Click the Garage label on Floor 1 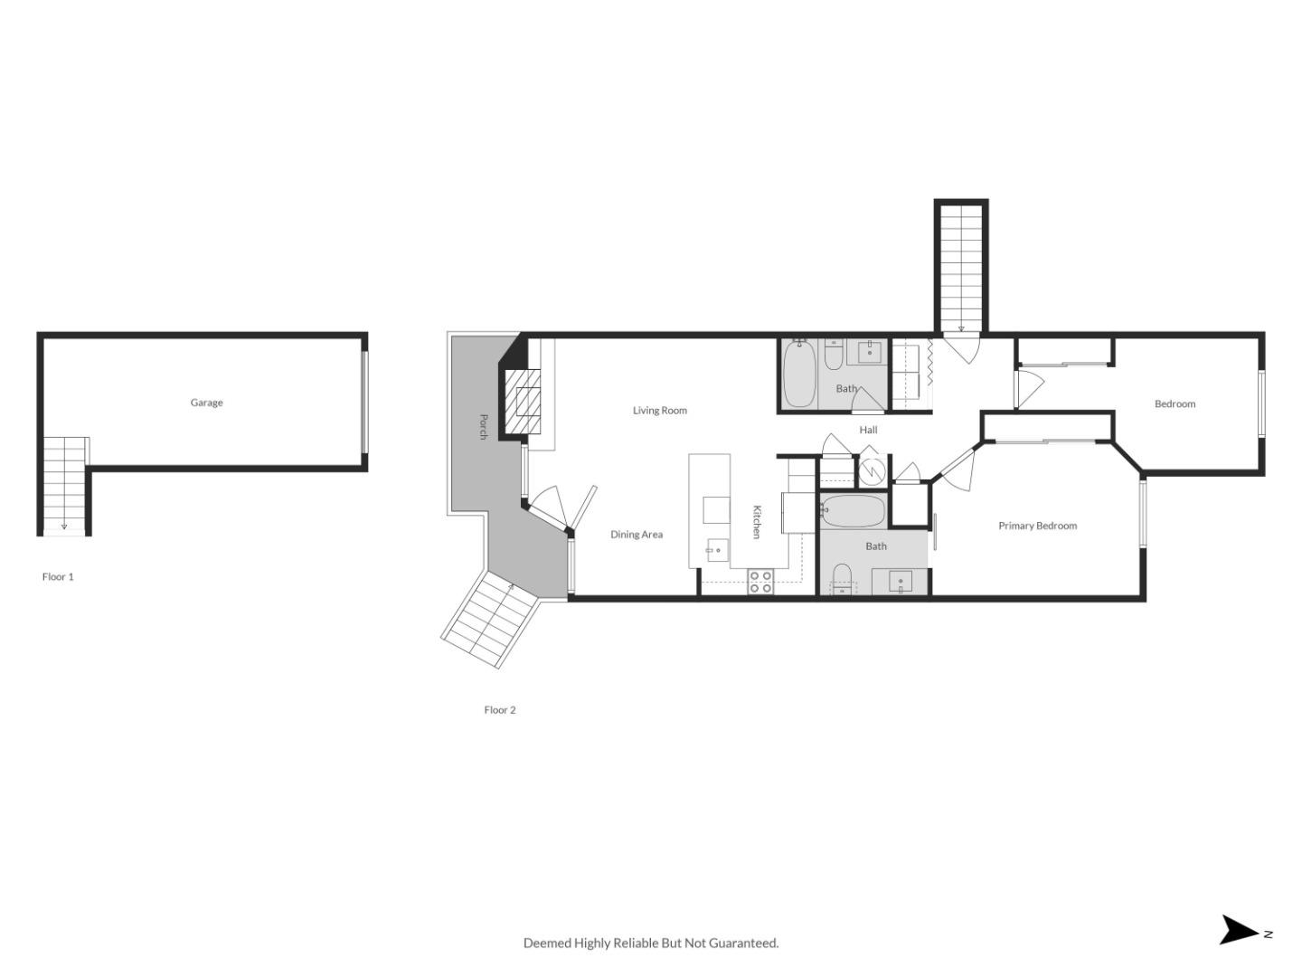coord(206,403)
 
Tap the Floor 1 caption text coord(58,576)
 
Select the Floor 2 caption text coord(499,710)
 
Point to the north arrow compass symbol coord(1241,931)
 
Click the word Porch coord(483,426)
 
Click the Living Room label coord(659,411)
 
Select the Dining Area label coord(636,535)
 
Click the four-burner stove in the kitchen coord(760,582)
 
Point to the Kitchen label coord(757,522)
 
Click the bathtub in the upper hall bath coord(798,375)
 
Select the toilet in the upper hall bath coord(834,355)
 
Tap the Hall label coord(868,430)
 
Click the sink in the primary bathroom coord(900,582)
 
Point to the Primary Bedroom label coord(1037,526)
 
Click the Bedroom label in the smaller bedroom coord(1175,404)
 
